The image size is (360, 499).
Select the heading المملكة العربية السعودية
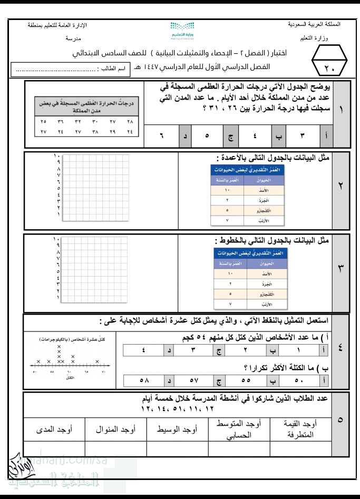coord(315,24)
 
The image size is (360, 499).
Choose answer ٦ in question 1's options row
coord(162,135)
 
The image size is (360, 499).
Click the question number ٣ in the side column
coord(340,267)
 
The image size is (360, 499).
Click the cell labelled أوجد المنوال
coord(116,429)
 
